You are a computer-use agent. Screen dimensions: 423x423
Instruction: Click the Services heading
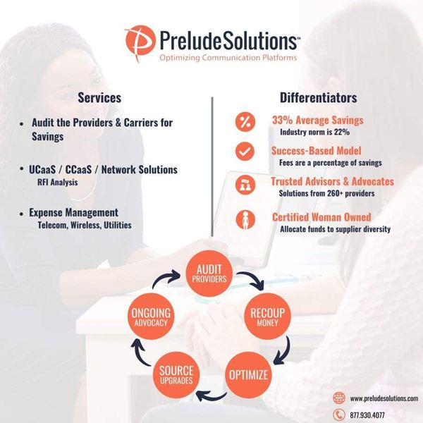(x=99, y=98)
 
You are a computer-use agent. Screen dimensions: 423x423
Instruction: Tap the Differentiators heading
(x=318, y=98)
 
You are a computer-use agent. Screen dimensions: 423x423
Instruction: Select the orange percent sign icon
(x=245, y=122)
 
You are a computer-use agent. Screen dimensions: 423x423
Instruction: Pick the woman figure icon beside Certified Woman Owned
(x=245, y=220)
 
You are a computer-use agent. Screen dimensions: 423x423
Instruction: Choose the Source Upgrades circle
(x=175, y=374)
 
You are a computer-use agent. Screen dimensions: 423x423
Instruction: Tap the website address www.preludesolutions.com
(x=383, y=398)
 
